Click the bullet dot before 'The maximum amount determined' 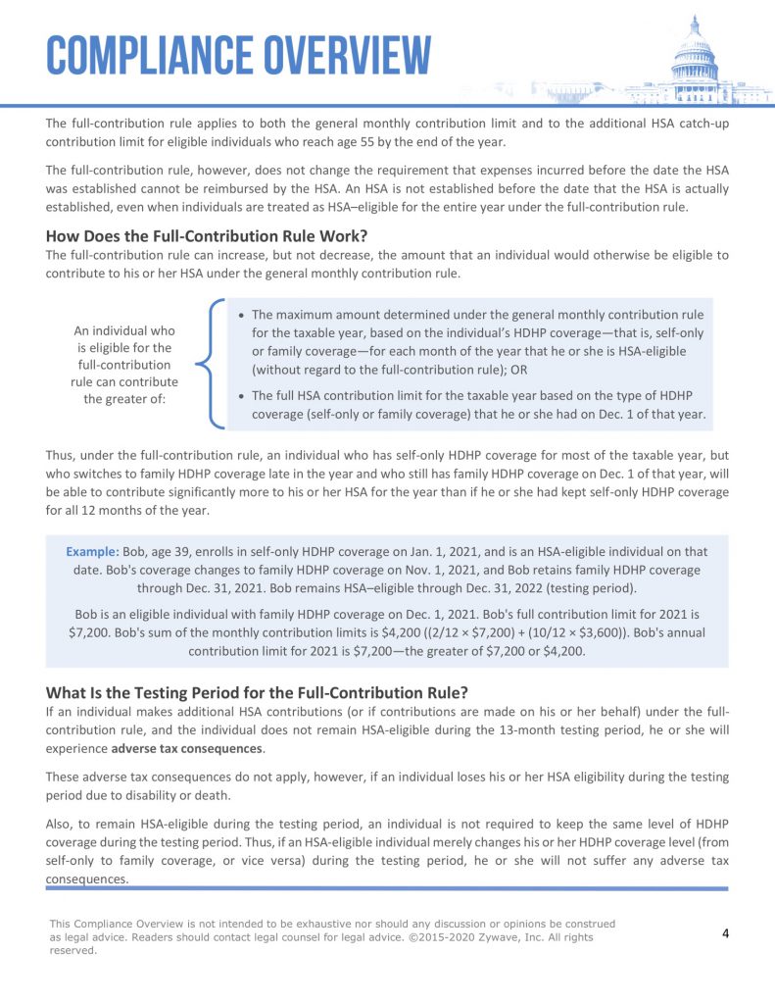click(241, 316)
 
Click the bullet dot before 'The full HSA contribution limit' click(241, 396)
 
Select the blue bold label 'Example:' click(93, 552)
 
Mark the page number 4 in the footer click(725, 932)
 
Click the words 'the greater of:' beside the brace click(124, 399)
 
